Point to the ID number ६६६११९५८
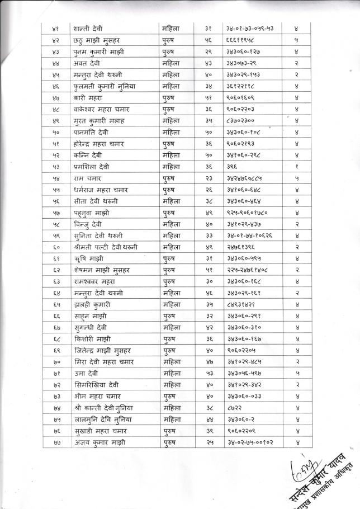click(x=238, y=40)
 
